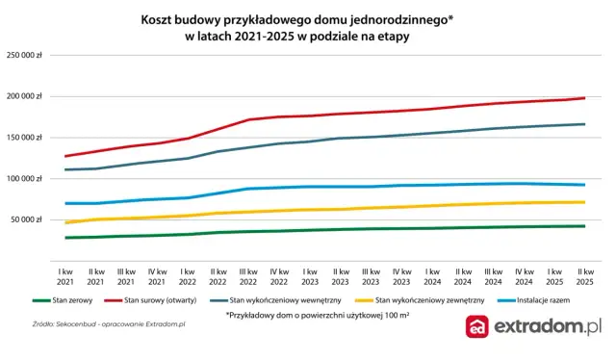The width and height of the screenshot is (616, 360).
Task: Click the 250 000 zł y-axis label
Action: [x=25, y=55]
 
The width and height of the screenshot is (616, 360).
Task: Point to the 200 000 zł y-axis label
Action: [x=25, y=96]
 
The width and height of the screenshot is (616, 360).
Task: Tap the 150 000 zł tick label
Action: [x=25, y=138]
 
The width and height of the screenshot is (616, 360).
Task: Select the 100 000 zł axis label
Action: [x=25, y=179]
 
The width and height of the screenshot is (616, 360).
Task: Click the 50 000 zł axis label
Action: [x=27, y=220]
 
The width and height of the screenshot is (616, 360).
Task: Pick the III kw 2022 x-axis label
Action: [x=249, y=276]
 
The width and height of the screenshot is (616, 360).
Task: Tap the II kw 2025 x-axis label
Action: [x=584, y=276]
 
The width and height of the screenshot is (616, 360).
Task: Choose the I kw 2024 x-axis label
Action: [x=432, y=276]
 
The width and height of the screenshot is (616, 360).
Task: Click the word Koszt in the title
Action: [x=159, y=19]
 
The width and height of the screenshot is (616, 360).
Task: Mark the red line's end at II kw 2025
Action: [x=584, y=98]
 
